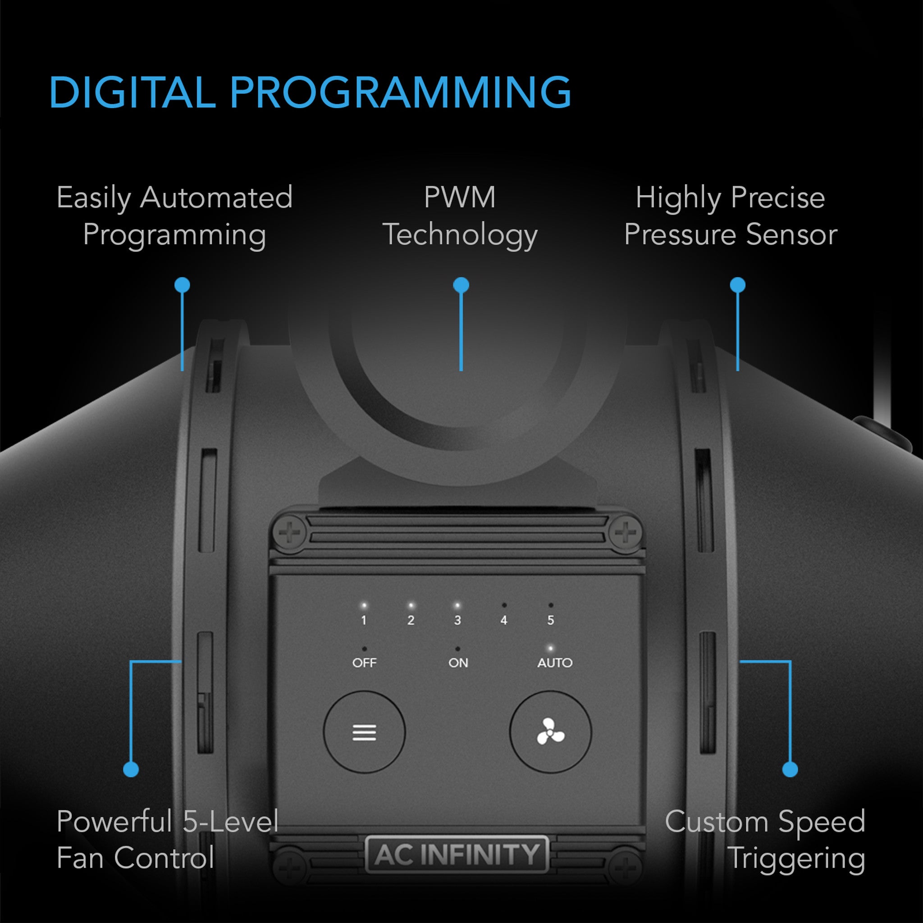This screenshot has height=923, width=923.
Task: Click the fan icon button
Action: tap(550, 732)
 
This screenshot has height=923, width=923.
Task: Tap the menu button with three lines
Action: tap(364, 732)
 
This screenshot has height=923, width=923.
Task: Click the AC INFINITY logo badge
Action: tap(457, 854)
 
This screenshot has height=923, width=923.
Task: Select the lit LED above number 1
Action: tap(364, 606)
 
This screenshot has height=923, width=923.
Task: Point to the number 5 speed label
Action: tap(550, 620)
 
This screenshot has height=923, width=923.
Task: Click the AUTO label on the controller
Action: tap(555, 663)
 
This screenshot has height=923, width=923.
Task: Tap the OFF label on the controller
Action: tap(364, 663)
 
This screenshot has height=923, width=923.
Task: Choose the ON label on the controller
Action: tap(458, 663)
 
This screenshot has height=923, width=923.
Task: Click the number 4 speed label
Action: tap(503, 620)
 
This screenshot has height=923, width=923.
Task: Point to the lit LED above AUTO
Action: tap(550, 648)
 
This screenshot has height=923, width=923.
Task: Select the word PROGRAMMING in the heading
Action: tap(400, 92)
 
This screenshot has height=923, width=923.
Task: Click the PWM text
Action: tap(460, 197)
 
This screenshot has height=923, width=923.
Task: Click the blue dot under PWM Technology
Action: tap(461, 285)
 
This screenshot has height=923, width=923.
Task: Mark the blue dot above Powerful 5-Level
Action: tap(131, 769)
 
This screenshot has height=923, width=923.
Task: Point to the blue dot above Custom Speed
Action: tap(790, 769)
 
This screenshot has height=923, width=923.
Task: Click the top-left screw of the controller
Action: tap(290, 532)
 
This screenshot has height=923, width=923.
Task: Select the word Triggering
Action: tap(797, 859)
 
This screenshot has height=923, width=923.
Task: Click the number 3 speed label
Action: tap(457, 620)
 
